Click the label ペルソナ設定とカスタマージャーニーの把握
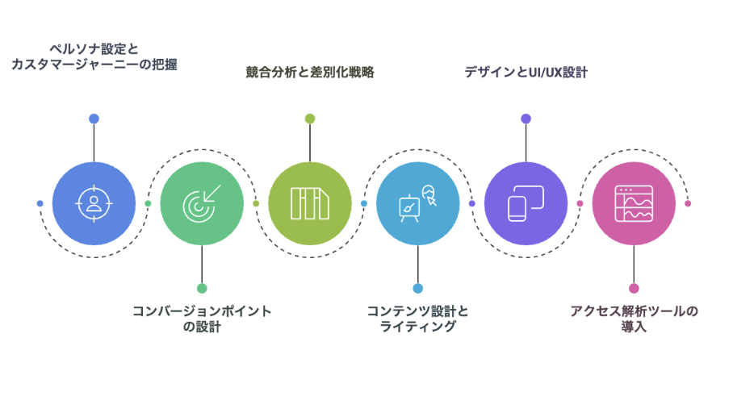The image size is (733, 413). tap(94, 56)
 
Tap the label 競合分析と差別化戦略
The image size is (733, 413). tap(310, 72)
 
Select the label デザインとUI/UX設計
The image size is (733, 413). tap(526, 72)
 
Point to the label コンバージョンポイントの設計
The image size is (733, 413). tap(202, 319)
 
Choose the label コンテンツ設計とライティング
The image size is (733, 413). tap(418, 319)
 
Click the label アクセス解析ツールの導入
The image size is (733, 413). tap(634, 319)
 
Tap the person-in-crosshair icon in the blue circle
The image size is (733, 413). tap(94, 204)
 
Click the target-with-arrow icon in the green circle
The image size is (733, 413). tap(202, 204)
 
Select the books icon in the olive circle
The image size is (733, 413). tap(310, 204)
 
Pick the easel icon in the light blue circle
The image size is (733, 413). tap(418, 204)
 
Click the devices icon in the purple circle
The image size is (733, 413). tap(526, 204)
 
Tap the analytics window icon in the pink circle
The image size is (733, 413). tap(634, 204)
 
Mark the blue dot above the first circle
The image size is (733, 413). tap(94, 119)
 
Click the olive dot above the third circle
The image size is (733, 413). tap(310, 119)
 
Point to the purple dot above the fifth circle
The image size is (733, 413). tap(526, 119)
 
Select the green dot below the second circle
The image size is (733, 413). tap(202, 288)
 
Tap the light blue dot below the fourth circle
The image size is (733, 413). tap(418, 288)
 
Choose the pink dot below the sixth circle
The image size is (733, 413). tap(634, 288)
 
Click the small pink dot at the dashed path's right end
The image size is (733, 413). tap(688, 204)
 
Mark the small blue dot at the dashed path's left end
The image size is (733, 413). tap(40, 204)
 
